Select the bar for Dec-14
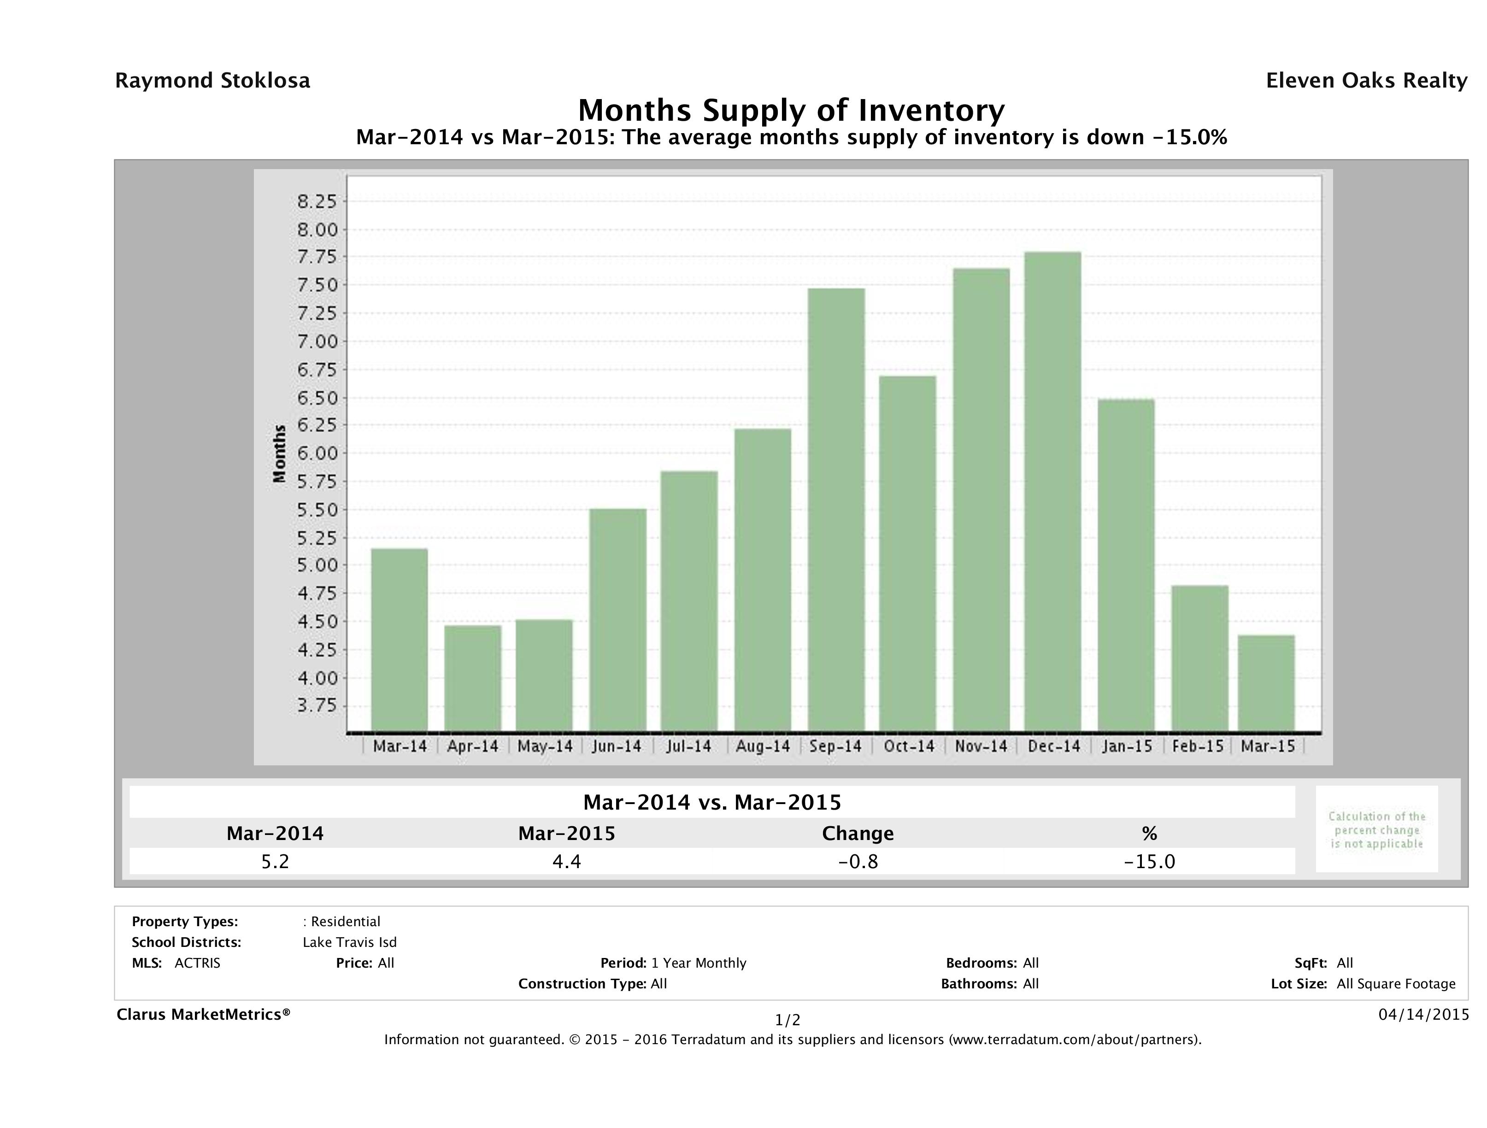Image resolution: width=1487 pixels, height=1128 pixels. (x=1053, y=492)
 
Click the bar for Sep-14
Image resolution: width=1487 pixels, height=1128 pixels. (x=836, y=510)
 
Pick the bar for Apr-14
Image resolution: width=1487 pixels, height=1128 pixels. (x=473, y=678)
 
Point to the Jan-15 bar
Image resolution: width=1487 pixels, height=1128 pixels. (x=1126, y=565)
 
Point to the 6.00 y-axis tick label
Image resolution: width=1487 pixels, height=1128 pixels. (x=316, y=453)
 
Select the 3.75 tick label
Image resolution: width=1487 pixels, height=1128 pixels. (x=316, y=706)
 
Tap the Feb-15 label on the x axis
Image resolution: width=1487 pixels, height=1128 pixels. (x=1198, y=746)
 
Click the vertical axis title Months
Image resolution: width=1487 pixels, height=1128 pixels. (x=280, y=454)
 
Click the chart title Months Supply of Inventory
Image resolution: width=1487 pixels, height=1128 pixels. (x=791, y=110)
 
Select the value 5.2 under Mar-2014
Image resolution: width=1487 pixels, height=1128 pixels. (x=275, y=861)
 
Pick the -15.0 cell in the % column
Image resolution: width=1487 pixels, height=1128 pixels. (x=1150, y=861)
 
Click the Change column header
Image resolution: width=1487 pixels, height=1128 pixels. (x=858, y=834)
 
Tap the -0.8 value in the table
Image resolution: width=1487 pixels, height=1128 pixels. (x=858, y=861)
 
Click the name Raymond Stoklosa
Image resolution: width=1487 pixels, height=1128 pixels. (x=212, y=81)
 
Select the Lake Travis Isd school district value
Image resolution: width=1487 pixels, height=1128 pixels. (x=350, y=942)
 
